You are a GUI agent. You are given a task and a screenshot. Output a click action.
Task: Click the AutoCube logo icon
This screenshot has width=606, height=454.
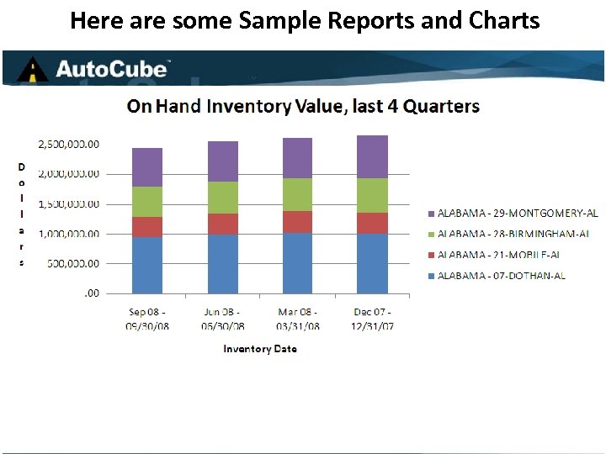point(32,69)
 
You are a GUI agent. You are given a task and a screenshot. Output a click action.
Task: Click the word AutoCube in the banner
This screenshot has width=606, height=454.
point(113,69)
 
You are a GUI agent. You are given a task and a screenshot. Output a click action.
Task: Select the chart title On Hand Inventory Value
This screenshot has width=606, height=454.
point(303,107)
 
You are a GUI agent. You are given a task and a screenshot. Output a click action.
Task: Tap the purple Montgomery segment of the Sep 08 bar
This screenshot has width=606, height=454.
point(147,167)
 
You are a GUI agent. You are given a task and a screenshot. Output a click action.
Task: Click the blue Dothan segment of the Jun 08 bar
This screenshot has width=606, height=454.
point(223,263)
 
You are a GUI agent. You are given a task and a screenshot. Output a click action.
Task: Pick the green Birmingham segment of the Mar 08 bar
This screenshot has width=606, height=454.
point(298,194)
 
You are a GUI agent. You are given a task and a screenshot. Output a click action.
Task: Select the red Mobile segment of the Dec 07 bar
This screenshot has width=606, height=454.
point(372,223)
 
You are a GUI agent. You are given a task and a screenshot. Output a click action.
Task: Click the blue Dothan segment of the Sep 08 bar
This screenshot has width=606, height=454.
point(147,265)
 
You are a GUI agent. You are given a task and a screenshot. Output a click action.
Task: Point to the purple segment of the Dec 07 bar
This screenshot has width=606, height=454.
point(372,156)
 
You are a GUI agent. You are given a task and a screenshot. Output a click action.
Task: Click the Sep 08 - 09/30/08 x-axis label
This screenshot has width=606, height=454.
point(147,319)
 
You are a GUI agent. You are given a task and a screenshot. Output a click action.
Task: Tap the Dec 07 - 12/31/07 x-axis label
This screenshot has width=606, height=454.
point(371,319)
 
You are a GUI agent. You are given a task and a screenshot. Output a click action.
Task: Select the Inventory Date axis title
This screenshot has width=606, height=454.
point(259,348)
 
